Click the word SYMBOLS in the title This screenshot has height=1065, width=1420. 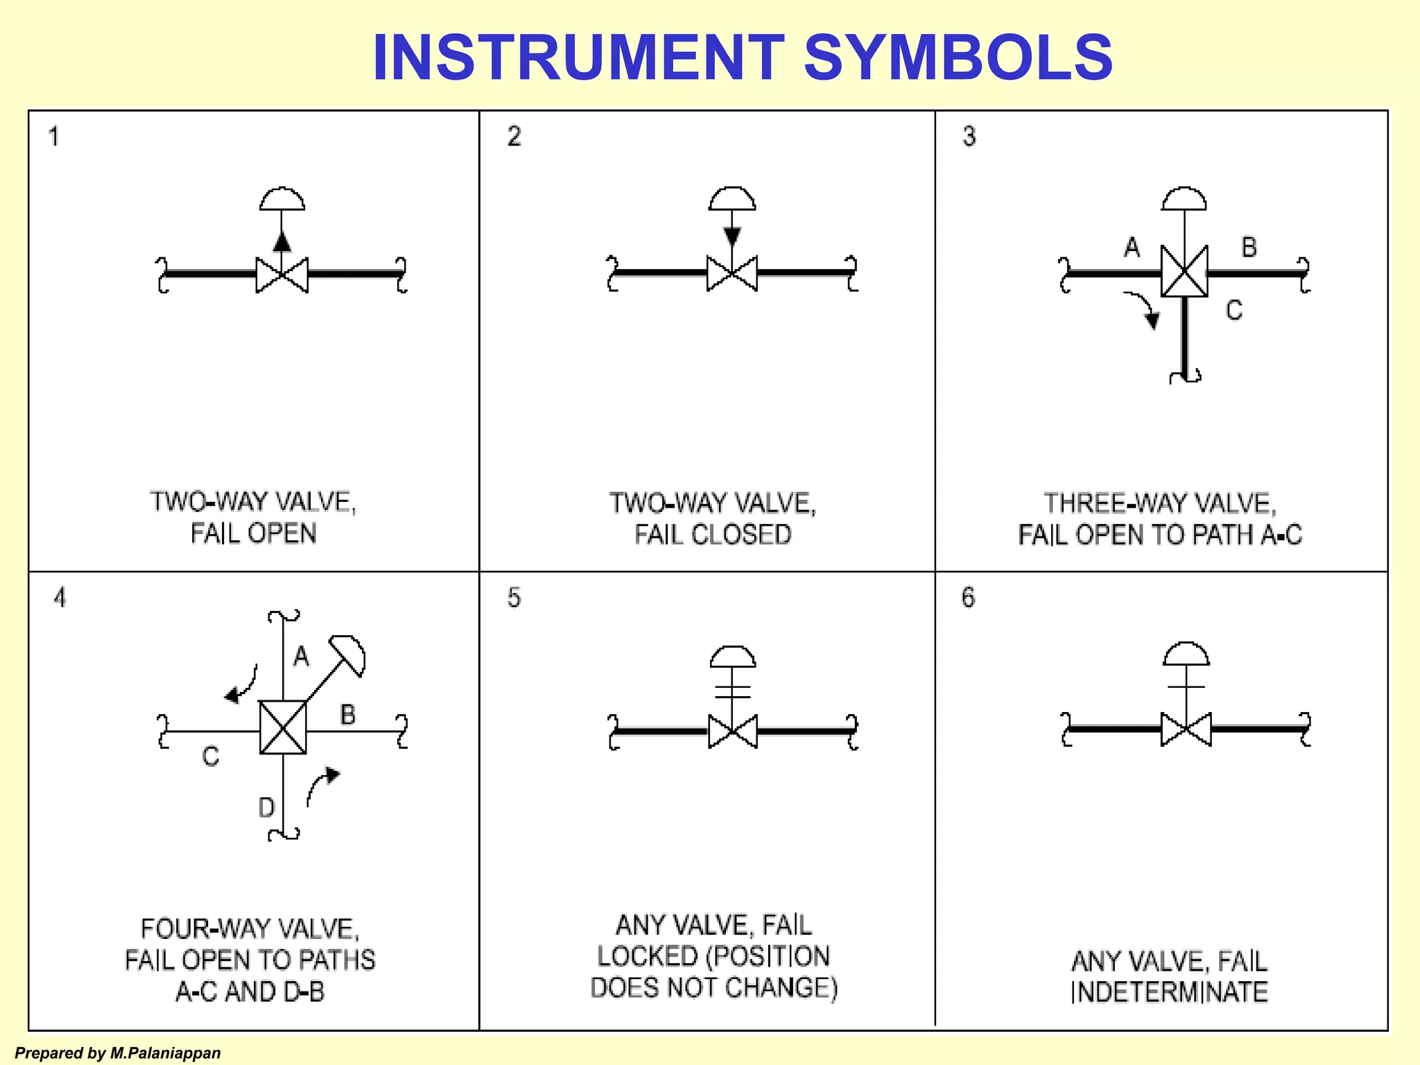(x=958, y=57)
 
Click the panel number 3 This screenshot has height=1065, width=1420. (x=969, y=136)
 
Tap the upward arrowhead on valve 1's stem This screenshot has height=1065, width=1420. (x=282, y=241)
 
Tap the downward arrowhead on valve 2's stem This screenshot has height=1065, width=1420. (x=732, y=236)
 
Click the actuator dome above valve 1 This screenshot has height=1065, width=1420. (x=282, y=199)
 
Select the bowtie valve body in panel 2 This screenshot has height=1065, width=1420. (x=732, y=273)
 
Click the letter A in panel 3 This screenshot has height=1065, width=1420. (x=1132, y=247)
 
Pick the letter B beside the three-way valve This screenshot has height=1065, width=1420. (x=1249, y=248)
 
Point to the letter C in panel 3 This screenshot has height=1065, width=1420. (x=1233, y=310)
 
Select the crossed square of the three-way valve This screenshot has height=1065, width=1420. (x=1184, y=272)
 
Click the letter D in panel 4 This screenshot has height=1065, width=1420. (x=266, y=808)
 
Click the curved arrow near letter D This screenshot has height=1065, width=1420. (x=322, y=786)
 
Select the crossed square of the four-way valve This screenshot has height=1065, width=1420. (x=283, y=727)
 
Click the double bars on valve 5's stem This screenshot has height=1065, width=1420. (x=733, y=691)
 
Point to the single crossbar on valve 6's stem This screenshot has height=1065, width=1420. (x=1186, y=687)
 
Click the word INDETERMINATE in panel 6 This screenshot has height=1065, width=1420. (x=1170, y=992)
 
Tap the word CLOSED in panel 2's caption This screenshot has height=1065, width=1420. (x=741, y=535)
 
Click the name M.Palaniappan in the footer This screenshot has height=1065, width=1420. (x=165, y=1053)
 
